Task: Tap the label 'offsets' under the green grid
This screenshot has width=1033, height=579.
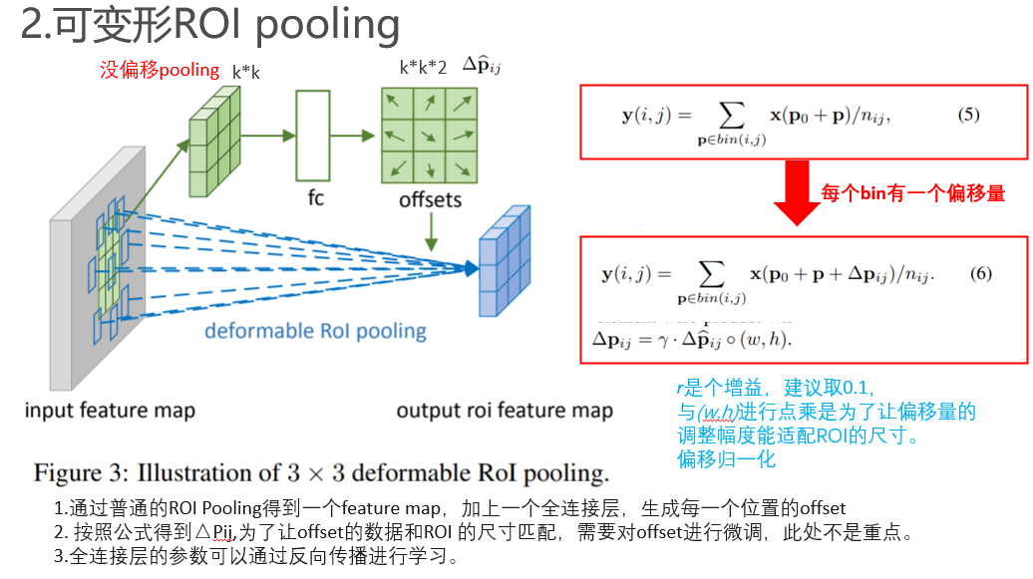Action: tap(430, 199)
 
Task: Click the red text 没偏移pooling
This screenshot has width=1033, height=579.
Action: tap(159, 70)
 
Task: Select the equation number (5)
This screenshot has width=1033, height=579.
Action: tap(968, 115)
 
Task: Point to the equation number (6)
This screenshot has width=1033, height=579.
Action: tap(980, 273)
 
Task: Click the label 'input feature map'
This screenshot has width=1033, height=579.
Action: tap(110, 411)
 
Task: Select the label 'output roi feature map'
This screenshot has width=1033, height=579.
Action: tap(504, 411)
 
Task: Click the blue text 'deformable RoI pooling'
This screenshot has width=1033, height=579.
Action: tap(315, 331)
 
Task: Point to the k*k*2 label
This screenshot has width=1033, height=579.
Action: tap(423, 69)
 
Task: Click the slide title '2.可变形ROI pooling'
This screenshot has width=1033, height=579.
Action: tap(210, 26)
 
